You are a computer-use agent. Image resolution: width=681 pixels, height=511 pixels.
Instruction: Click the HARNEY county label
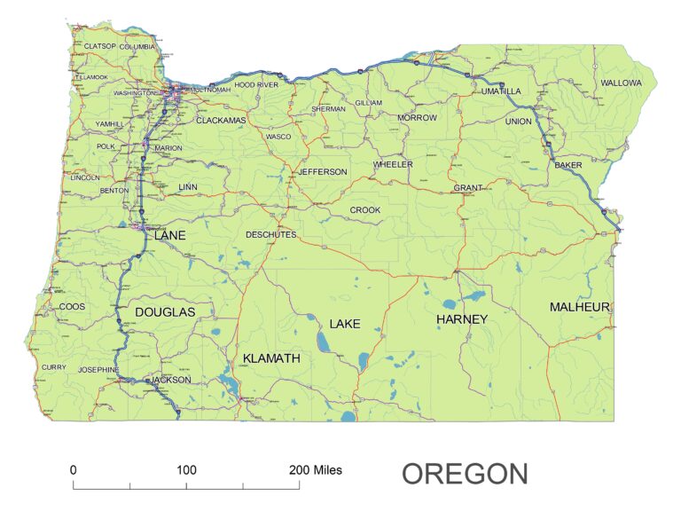462,318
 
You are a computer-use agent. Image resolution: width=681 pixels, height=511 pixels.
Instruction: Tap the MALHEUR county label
580,307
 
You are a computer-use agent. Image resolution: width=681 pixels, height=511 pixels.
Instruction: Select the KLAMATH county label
271,358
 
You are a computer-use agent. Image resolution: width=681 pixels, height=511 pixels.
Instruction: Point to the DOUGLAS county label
164,312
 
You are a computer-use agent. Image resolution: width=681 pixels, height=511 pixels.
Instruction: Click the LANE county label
170,236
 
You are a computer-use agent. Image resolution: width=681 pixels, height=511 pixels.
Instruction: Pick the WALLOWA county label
621,83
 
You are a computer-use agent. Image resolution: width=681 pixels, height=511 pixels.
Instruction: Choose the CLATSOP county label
99,45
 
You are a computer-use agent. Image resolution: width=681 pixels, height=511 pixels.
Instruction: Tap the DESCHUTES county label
270,235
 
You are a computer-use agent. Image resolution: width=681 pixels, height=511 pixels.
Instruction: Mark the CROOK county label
364,210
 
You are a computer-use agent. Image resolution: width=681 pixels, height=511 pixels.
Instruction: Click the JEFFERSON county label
323,172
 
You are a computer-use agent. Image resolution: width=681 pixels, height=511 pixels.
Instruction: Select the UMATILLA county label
502,90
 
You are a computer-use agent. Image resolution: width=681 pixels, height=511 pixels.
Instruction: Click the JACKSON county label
170,380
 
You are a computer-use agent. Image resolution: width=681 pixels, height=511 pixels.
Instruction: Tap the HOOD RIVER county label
256,84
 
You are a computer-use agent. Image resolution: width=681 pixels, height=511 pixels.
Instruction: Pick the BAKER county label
567,166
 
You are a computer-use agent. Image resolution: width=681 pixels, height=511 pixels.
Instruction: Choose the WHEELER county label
393,165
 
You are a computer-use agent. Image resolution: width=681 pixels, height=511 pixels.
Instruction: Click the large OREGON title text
465,474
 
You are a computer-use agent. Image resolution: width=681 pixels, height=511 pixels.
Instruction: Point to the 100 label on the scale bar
186,469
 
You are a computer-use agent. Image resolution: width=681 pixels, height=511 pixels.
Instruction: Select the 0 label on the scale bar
73,469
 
